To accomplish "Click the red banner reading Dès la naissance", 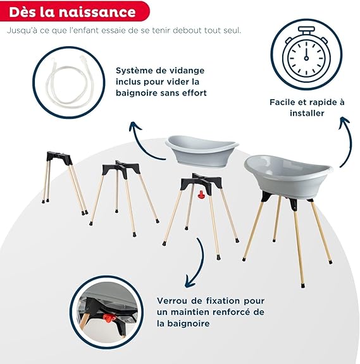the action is coord(75,11).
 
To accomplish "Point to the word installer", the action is coord(307,113).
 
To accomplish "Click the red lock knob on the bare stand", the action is coord(201,195).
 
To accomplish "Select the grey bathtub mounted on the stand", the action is coord(288,176).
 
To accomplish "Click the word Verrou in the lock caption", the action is coord(171,301).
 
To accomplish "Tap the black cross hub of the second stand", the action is coord(121,167).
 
